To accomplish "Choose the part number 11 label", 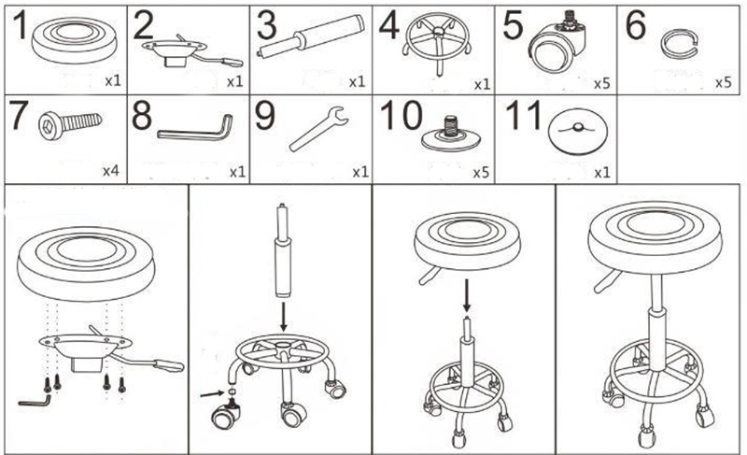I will click(521, 119).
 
